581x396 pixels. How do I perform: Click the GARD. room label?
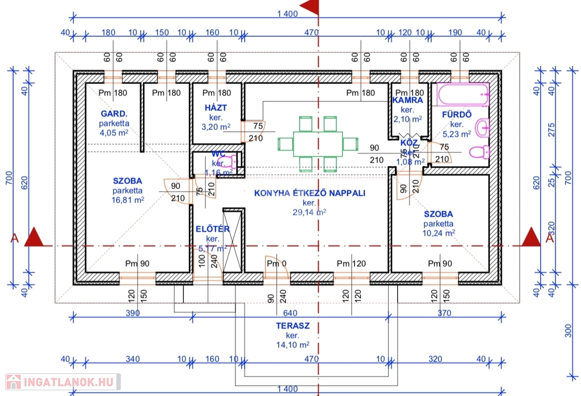pos(113,113)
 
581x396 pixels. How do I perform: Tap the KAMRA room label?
pos(407,100)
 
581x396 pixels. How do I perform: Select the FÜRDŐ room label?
pos(457,113)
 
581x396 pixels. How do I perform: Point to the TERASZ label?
pos(292,326)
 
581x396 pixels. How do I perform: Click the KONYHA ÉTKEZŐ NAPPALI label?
pos(309,193)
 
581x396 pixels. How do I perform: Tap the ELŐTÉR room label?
pos(212,229)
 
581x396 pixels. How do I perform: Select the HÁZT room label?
pos(217,107)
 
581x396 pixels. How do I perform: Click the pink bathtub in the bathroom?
pos(462,95)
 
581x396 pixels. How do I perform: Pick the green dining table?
pos(317,144)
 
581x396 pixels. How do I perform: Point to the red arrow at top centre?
pos(310,7)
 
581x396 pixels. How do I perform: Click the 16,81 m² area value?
pos(128,200)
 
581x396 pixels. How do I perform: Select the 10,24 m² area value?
pos(439,233)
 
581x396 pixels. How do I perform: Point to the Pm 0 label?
pos(277,263)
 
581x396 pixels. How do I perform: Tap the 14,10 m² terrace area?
pos(292,344)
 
